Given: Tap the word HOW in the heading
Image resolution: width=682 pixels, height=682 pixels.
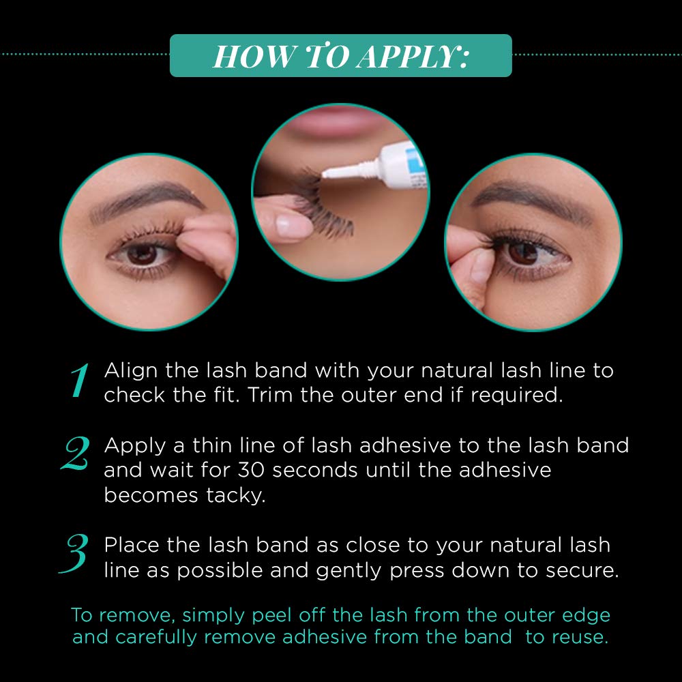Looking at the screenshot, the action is [253, 57].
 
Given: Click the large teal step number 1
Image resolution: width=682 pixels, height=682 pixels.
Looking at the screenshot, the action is [80, 381].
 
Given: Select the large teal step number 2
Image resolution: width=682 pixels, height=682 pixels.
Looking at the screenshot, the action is [76, 454].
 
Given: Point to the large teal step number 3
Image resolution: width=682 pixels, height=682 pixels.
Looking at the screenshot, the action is [74, 554].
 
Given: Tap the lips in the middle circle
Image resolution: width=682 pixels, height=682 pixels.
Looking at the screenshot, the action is [336, 121].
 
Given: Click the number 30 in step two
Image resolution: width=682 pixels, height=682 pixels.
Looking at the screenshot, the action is [252, 470].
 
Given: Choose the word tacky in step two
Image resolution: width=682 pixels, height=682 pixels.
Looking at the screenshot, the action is [235, 495].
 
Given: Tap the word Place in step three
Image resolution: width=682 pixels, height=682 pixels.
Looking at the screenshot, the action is [132, 545].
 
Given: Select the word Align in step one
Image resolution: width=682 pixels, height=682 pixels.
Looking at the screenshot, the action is [130, 371].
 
